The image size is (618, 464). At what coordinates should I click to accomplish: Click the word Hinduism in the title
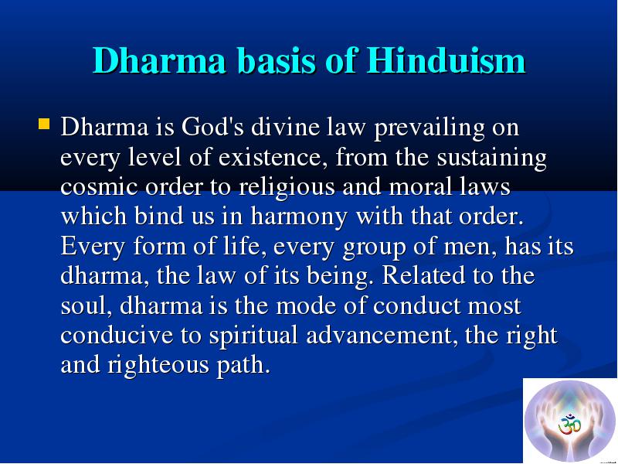[x=446, y=60]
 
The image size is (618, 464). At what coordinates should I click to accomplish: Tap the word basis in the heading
[x=277, y=60]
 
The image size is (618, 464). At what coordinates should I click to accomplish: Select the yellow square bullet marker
[x=44, y=124]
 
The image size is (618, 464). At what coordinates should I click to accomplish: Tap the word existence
[x=274, y=158]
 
